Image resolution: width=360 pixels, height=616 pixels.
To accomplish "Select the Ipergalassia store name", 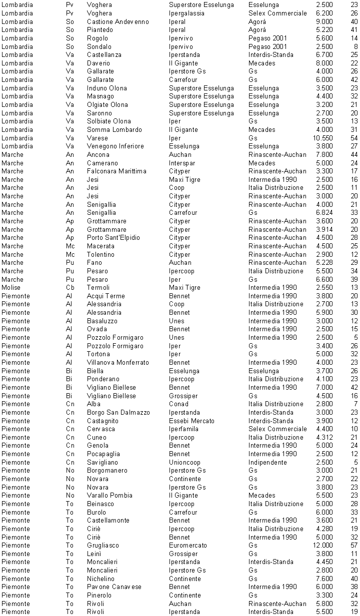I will click(186, 13).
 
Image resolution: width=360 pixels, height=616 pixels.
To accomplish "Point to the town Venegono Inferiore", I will click(115, 146).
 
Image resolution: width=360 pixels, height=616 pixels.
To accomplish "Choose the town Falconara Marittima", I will click(116, 171).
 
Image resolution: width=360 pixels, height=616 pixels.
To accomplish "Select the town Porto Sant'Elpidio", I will click(113, 237).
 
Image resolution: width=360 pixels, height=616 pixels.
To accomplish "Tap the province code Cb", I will click(70, 287).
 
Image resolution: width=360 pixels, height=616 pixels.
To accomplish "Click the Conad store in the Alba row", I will click(178, 404).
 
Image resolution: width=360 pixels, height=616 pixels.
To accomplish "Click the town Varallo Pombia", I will click(109, 495).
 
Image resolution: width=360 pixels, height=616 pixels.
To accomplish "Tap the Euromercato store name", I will click(188, 545).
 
